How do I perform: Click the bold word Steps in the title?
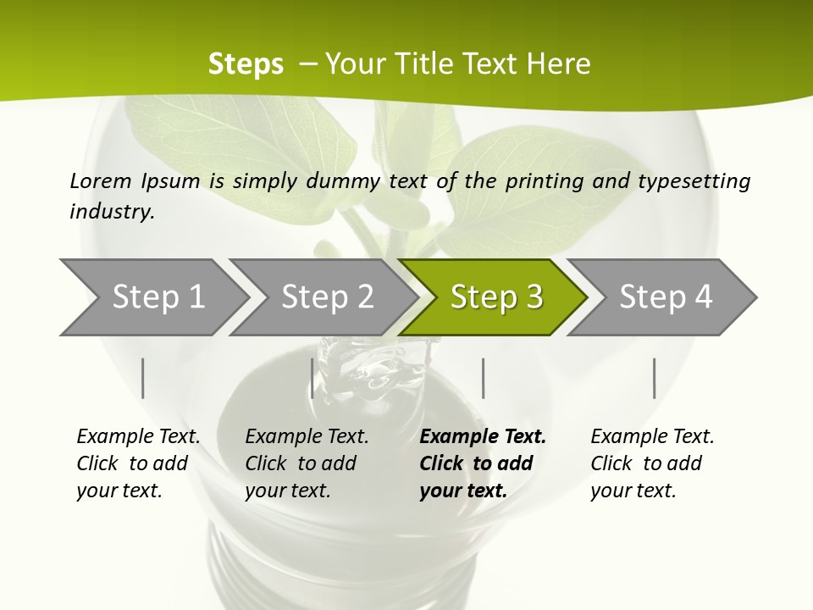tap(246, 64)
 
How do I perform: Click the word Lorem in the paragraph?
tap(100, 180)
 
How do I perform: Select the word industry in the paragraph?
tap(111, 212)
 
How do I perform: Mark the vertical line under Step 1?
tap(143, 378)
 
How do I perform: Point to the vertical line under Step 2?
tap(312, 378)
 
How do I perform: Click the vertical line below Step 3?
tap(483, 378)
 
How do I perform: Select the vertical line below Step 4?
tap(654, 378)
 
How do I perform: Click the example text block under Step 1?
tap(138, 463)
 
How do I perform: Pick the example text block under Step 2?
tap(307, 463)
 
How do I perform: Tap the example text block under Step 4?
tap(652, 463)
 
